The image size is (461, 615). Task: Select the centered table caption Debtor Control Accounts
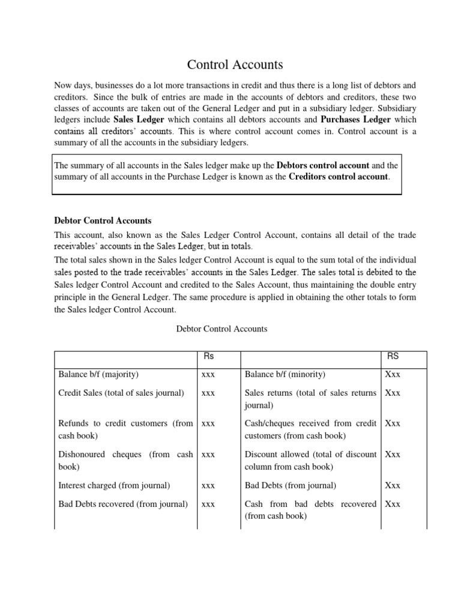(221, 329)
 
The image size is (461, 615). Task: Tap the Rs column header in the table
(209, 356)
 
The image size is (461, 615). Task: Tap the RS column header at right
(393, 356)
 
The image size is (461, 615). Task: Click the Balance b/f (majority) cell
(98, 374)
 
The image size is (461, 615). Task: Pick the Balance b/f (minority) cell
(285, 374)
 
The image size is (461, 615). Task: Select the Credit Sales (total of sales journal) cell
(121, 393)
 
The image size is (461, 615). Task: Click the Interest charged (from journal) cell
(114, 485)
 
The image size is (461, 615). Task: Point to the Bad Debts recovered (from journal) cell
(123, 504)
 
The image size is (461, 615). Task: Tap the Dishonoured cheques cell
(125, 460)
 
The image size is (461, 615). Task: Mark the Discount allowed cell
(311, 460)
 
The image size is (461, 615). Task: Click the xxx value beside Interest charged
(208, 485)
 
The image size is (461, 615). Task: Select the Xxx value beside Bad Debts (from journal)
(393, 485)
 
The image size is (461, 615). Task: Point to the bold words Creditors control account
(339, 177)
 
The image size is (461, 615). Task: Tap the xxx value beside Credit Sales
(208, 393)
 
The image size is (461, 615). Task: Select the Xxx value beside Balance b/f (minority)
(393, 374)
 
